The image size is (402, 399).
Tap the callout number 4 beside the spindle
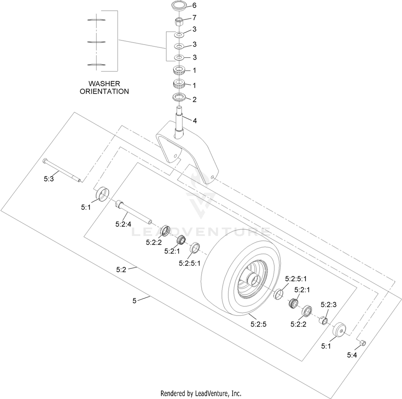click(x=195, y=121)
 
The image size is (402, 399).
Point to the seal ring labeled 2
click(x=179, y=97)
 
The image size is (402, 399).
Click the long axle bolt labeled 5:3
click(x=62, y=170)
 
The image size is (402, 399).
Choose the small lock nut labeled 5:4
click(x=362, y=343)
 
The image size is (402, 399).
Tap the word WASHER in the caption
click(x=104, y=84)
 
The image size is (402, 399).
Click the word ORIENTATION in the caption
click(x=104, y=92)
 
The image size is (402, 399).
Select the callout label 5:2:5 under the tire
click(x=258, y=324)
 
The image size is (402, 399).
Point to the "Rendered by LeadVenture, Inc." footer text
click(x=201, y=393)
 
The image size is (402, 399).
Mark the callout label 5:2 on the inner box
click(x=121, y=270)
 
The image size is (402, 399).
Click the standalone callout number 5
click(x=135, y=301)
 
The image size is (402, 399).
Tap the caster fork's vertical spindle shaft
click(x=179, y=121)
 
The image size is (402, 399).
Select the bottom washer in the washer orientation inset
click(x=96, y=65)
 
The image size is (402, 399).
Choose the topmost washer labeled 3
click(x=179, y=35)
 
